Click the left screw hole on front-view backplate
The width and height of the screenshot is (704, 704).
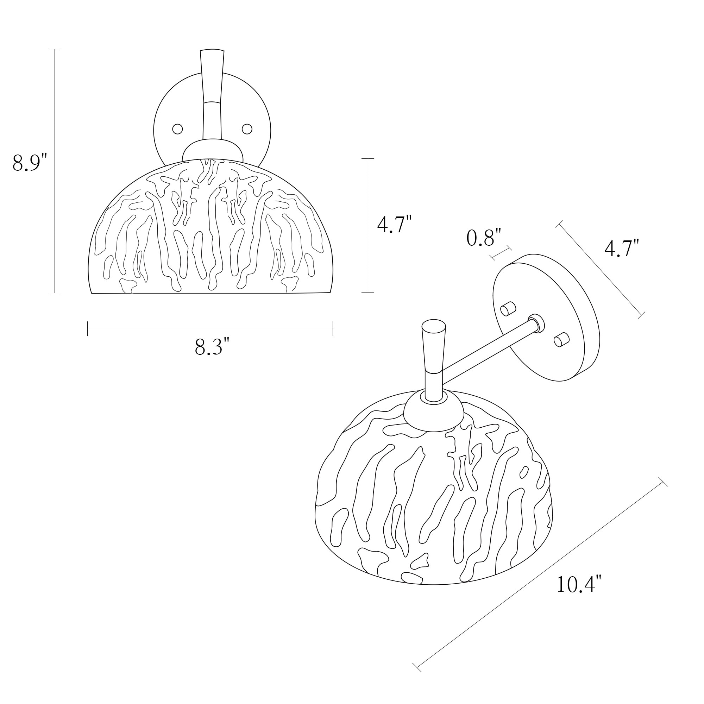[x=177, y=129]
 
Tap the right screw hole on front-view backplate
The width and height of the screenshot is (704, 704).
[x=247, y=128]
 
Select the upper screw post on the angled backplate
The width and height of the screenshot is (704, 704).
[x=508, y=309]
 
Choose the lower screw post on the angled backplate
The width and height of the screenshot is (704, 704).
[x=561, y=340]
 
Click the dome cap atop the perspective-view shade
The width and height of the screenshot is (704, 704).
[x=434, y=410]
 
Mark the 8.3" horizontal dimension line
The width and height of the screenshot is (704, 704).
[x=210, y=329]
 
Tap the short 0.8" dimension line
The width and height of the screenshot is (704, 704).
[x=501, y=252]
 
